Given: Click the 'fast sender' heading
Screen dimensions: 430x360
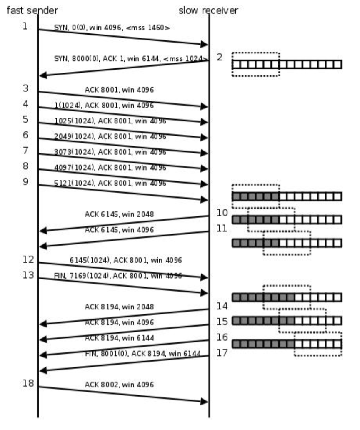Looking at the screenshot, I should pyautogui.click(x=32, y=10).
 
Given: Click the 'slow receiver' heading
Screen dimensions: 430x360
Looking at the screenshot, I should pyautogui.click(x=208, y=10).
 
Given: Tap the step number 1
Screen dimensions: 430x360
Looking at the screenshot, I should pyautogui.click(x=25, y=26).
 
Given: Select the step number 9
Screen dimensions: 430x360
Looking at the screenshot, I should pyautogui.click(x=25, y=181).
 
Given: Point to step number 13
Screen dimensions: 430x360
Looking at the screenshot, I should pyautogui.click(x=28, y=275).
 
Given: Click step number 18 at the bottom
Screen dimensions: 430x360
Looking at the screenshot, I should pyautogui.click(x=28, y=383).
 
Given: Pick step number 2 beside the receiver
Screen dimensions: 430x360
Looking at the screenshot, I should pyautogui.click(x=220, y=57).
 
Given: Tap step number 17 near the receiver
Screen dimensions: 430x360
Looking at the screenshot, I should pyautogui.click(x=222, y=352).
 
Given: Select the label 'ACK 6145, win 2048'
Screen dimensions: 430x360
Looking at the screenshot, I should pyautogui.click(x=119, y=214).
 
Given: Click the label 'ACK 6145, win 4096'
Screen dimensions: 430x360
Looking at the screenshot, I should pyautogui.click(x=119, y=230).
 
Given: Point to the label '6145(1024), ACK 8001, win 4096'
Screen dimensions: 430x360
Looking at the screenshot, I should pyautogui.click(x=125, y=260).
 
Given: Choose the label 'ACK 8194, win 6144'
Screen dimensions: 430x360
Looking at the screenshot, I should pyautogui.click(x=119, y=338).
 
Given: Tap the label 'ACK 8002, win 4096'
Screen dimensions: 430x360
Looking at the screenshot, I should pyautogui.click(x=119, y=384).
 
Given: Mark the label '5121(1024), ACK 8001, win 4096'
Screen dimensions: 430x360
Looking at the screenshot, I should pyautogui.click(x=110, y=183).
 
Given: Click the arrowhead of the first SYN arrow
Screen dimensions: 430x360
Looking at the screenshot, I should pyautogui.click(x=205, y=44).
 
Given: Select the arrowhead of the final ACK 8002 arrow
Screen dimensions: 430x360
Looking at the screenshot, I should pyautogui.click(x=204, y=401).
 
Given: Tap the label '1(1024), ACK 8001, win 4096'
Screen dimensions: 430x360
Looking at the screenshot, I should pyautogui.click(x=104, y=106).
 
